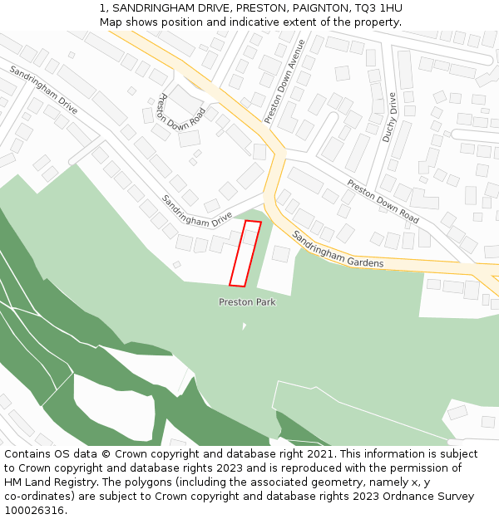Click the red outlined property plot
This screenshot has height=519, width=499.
tap(245, 253)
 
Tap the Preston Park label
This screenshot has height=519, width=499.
tap(247, 302)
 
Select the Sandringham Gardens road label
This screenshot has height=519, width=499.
tap(338, 250)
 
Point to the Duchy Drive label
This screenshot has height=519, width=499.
tap(388, 117)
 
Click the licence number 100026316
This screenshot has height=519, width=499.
tap(34, 511)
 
